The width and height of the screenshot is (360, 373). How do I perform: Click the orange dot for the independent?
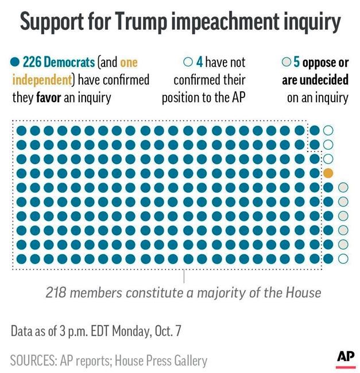coord(328,173)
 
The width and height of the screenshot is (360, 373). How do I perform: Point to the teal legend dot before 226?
coord(15,63)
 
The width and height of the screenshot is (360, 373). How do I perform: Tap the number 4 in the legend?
coord(199,63)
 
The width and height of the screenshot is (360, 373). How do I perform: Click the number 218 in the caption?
coord(57,293)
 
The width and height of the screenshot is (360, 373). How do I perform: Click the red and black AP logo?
coord(346,358)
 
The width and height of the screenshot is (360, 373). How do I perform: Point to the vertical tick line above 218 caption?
coord(184,277)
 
